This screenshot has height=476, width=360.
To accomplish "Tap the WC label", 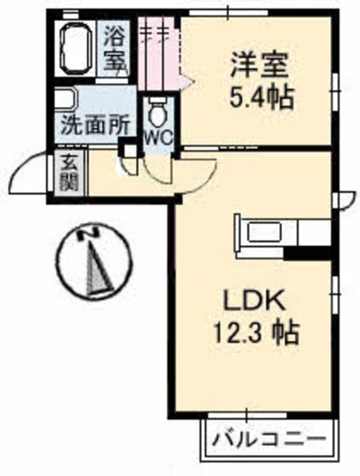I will (x=156, y=138).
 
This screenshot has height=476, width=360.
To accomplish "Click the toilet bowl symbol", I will (x=157, y=113).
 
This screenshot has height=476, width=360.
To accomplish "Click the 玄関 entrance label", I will (x=68, y=173).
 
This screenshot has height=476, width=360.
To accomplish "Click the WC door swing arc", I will (x=158, y=173).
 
